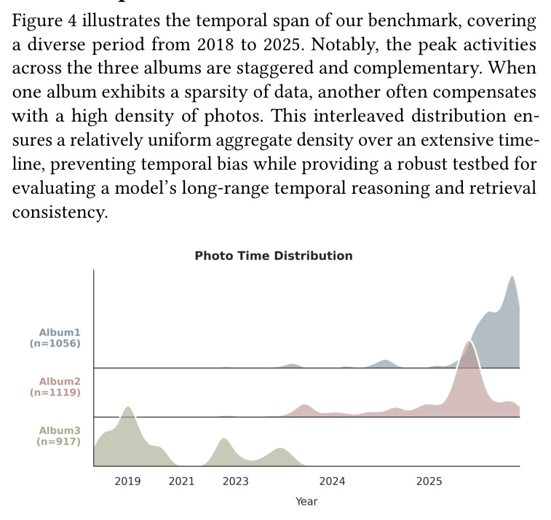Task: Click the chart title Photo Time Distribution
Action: click(274, 256)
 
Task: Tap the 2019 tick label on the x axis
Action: click(127, 481)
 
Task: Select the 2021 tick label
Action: click(181, 481)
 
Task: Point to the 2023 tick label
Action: click(235, 481)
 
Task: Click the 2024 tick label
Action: click(332, 481)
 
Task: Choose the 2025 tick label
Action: click(429, 481)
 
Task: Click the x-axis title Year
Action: click(306, 501)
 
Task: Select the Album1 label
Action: click(60, 332)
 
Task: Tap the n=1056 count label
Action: click(55, 344)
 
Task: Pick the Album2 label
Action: click(60, 381)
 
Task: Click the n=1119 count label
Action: click(55, 393)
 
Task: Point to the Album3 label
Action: click(60, 430)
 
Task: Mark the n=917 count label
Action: click(59, 441)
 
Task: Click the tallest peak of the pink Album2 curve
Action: click(469, 341)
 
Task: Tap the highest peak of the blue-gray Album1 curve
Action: click(512, 276)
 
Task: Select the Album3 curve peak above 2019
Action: click(128, 407)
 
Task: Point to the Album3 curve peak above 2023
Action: click(224, 438)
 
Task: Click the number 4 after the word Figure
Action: click(71, 20)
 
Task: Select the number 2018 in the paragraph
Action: click(215, 44)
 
